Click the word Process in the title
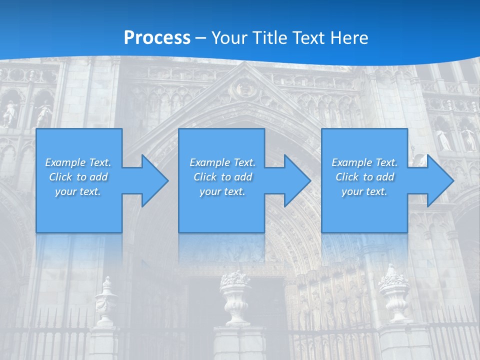coord(157,37)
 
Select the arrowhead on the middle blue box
coord(296,180)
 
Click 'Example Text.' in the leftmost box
coord(78,162)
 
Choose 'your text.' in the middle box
coord(222,191)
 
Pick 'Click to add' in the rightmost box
coord(364,177)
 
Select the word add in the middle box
coord(243,177)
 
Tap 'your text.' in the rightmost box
coord(364,191)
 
